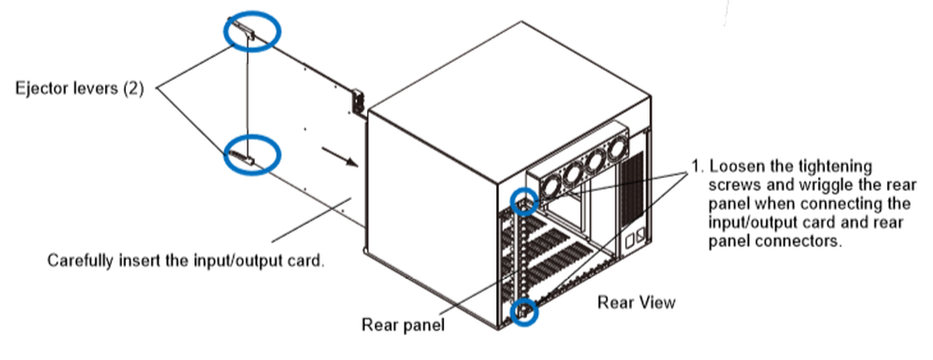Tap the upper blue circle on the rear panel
tap(524, 201)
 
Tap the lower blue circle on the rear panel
tap(526, 313)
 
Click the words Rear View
tap(636, 302)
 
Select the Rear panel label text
tap(403, 324)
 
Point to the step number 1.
tap(696, 166)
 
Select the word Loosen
tap(735, 166)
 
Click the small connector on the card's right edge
tap(358, 102)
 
